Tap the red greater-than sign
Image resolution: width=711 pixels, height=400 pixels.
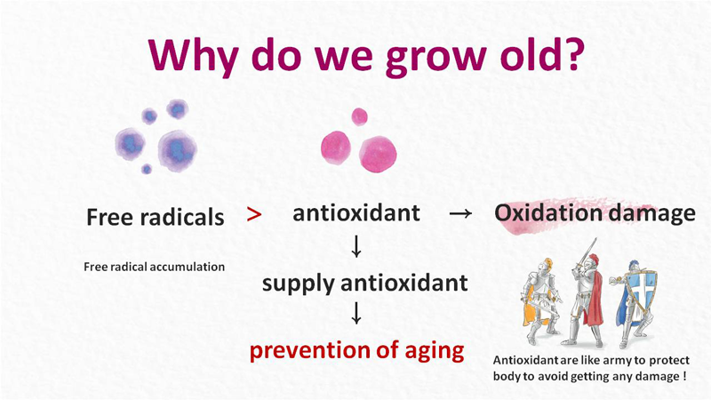[254, 214]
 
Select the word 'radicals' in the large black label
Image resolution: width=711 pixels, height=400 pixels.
[182, 217]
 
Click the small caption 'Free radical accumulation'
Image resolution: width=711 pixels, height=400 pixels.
[154, 267]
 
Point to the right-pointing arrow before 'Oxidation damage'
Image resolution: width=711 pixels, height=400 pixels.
[460, 213]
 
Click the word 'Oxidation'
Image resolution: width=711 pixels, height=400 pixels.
[544, 212]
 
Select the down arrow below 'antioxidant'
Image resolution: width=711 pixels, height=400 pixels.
[356, 246]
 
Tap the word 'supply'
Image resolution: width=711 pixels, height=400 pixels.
[299, 284]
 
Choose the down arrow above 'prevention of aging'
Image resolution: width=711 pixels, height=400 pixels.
[356, 313]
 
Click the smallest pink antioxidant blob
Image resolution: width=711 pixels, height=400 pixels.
[359, 116]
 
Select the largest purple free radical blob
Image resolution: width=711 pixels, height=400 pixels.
[177, 150]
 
